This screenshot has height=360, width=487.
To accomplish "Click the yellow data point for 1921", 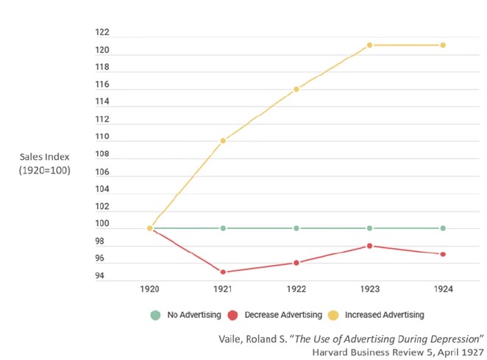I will [x=223, y=141].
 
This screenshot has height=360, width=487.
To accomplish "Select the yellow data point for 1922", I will [x=296, y=90].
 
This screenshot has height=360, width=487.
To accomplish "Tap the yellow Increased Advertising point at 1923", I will [x=370, y=45].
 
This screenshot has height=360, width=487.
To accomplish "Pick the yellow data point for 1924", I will [x=443, y=45].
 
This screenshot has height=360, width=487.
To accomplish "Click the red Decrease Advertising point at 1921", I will [x=223, y=272].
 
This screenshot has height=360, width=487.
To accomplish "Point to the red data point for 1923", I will [x=370, y=246].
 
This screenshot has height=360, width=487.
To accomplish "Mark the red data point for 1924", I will [x=443, y=254].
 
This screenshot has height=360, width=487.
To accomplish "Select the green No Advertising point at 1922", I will [x=296, y=228].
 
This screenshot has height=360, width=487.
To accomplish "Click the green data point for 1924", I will [x=443, y=228].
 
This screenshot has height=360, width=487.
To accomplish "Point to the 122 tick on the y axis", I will [x=102, y=32].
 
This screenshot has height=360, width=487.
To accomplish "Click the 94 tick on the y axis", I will [x=99, y=276].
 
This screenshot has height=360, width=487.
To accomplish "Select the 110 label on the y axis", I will [x=102, y=137].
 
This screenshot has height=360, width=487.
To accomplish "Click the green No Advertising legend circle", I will [x=155, y=315].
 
